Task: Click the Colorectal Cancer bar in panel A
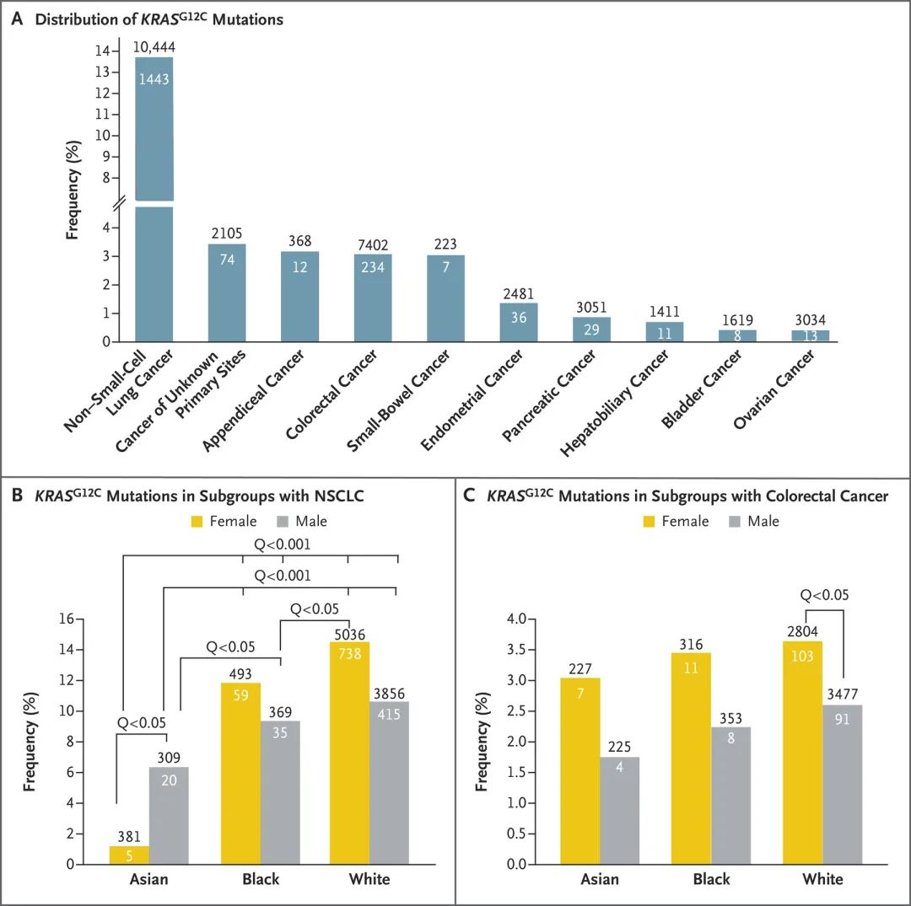pyautogui.click(x=373, y=298)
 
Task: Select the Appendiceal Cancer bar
pyautogui.click(x=299, y=296)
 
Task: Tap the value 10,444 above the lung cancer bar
pyautogui.click(x=154, y=47)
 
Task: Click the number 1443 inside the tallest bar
pyautogui.click(x=154, y=79)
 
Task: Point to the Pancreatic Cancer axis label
pyautogui.click(x=548, y=394)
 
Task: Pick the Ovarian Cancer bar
pyautogui.click(x=810, y=335)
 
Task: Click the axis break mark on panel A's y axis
pyautogui.click(x=119, y=204)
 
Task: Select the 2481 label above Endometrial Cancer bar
pyautogui.click(x=518, y=294)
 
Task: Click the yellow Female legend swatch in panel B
pyautogui.click(x=197, y=521)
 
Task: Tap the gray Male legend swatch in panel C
pyautogui.click(x=735, y=521)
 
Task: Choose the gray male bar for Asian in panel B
pyautogui.click(x=169, y=816)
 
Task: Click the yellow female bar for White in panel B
pyautogui.click(x=349, y=753)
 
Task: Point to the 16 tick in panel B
pyautogui.click(x=67, y=619)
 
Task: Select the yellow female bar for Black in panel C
pyautogui.click(x=691, y=759)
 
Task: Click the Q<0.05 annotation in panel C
pyautogui.click(x=824, y=595)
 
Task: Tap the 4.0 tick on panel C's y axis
pyautogui.click(x=516, y=619)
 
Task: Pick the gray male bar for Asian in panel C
pyautogui.click(x=619, y=811)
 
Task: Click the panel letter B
pyautogui.click(x=18, y=495)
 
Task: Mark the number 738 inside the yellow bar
pyautogui.click(x=350, y=653)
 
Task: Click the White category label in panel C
pyautogui.click(x=822, y=879)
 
